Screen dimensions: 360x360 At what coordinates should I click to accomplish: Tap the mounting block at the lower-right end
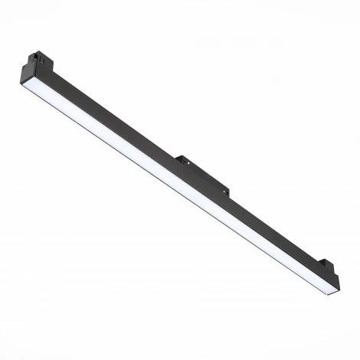tap(327, 266)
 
